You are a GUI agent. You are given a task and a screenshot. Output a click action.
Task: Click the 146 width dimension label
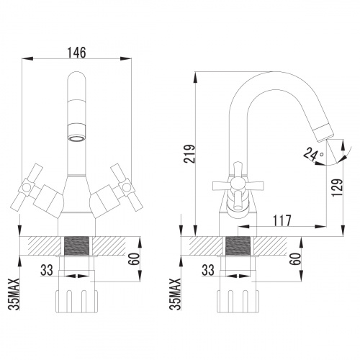(x=78, y=53)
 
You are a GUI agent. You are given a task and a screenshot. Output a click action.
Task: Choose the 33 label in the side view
(x=209, y=271)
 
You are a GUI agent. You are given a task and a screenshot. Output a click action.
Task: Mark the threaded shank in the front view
(x=77, y=253)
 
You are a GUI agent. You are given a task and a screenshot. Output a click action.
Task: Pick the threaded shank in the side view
(x=239, y=253)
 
